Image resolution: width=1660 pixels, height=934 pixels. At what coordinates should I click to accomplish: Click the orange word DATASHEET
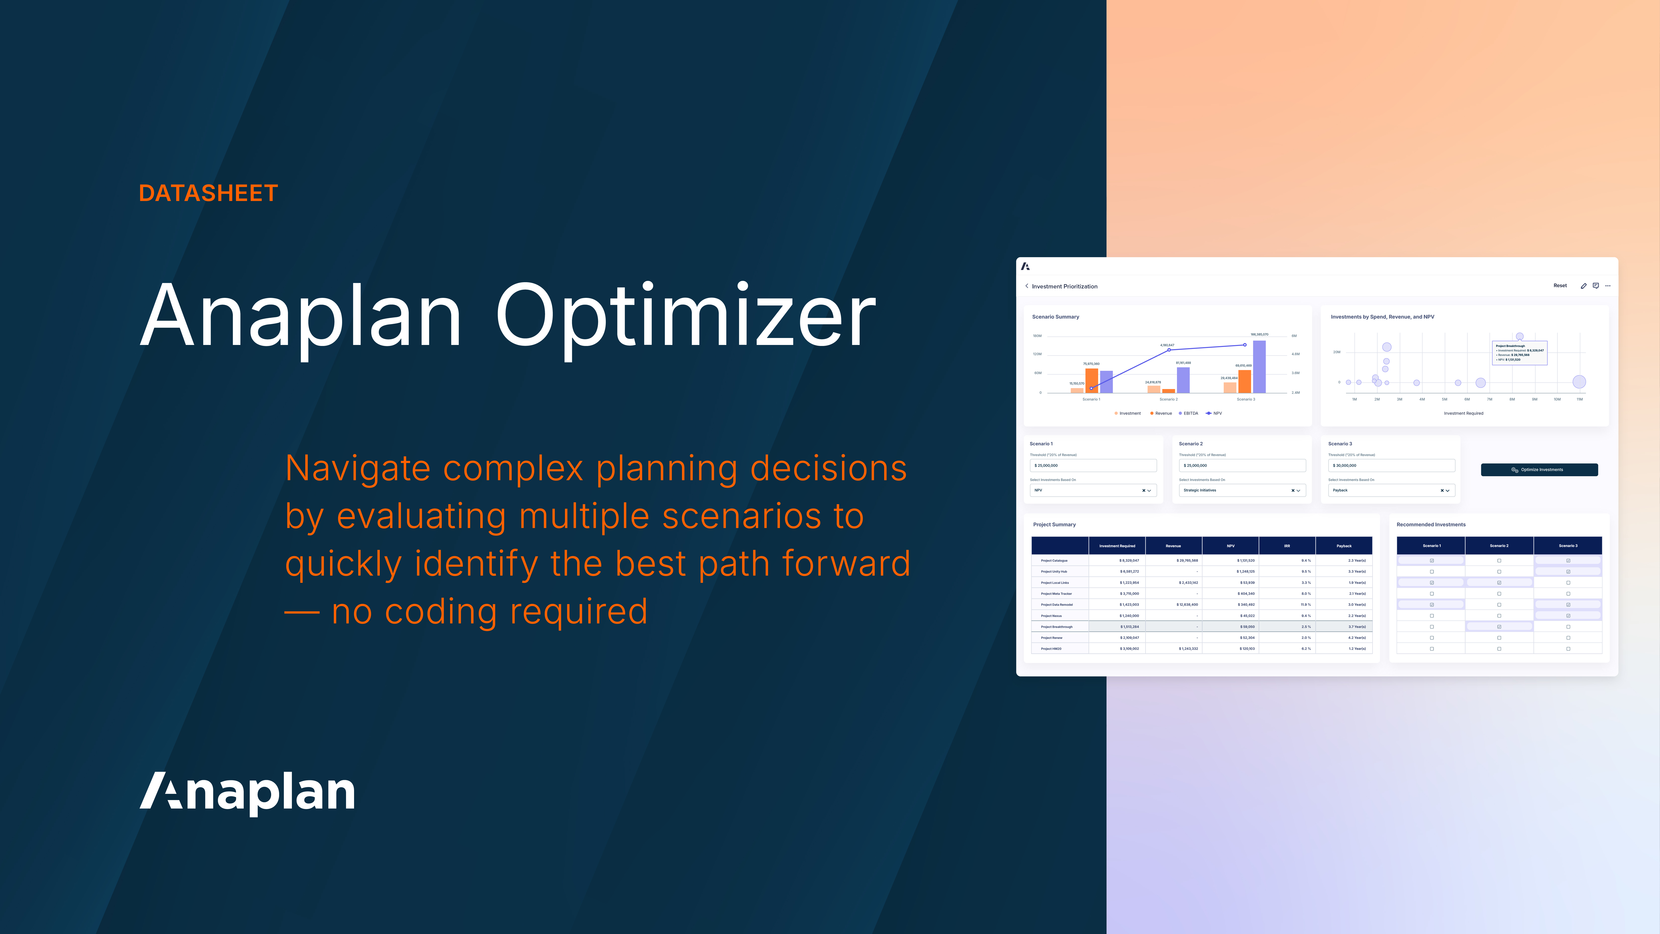pos(208,193)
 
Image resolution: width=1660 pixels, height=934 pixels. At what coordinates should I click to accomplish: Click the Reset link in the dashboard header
pos(1559,285)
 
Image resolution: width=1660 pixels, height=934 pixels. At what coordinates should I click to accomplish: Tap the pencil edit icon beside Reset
pos(1583,285)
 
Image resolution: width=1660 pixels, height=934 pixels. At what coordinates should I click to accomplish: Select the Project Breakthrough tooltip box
pos(1519,353)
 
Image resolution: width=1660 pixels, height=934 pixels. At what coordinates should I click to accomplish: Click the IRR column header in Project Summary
pos(1287,546)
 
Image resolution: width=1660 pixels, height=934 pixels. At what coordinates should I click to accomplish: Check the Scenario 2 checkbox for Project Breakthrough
pos(1499,627)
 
